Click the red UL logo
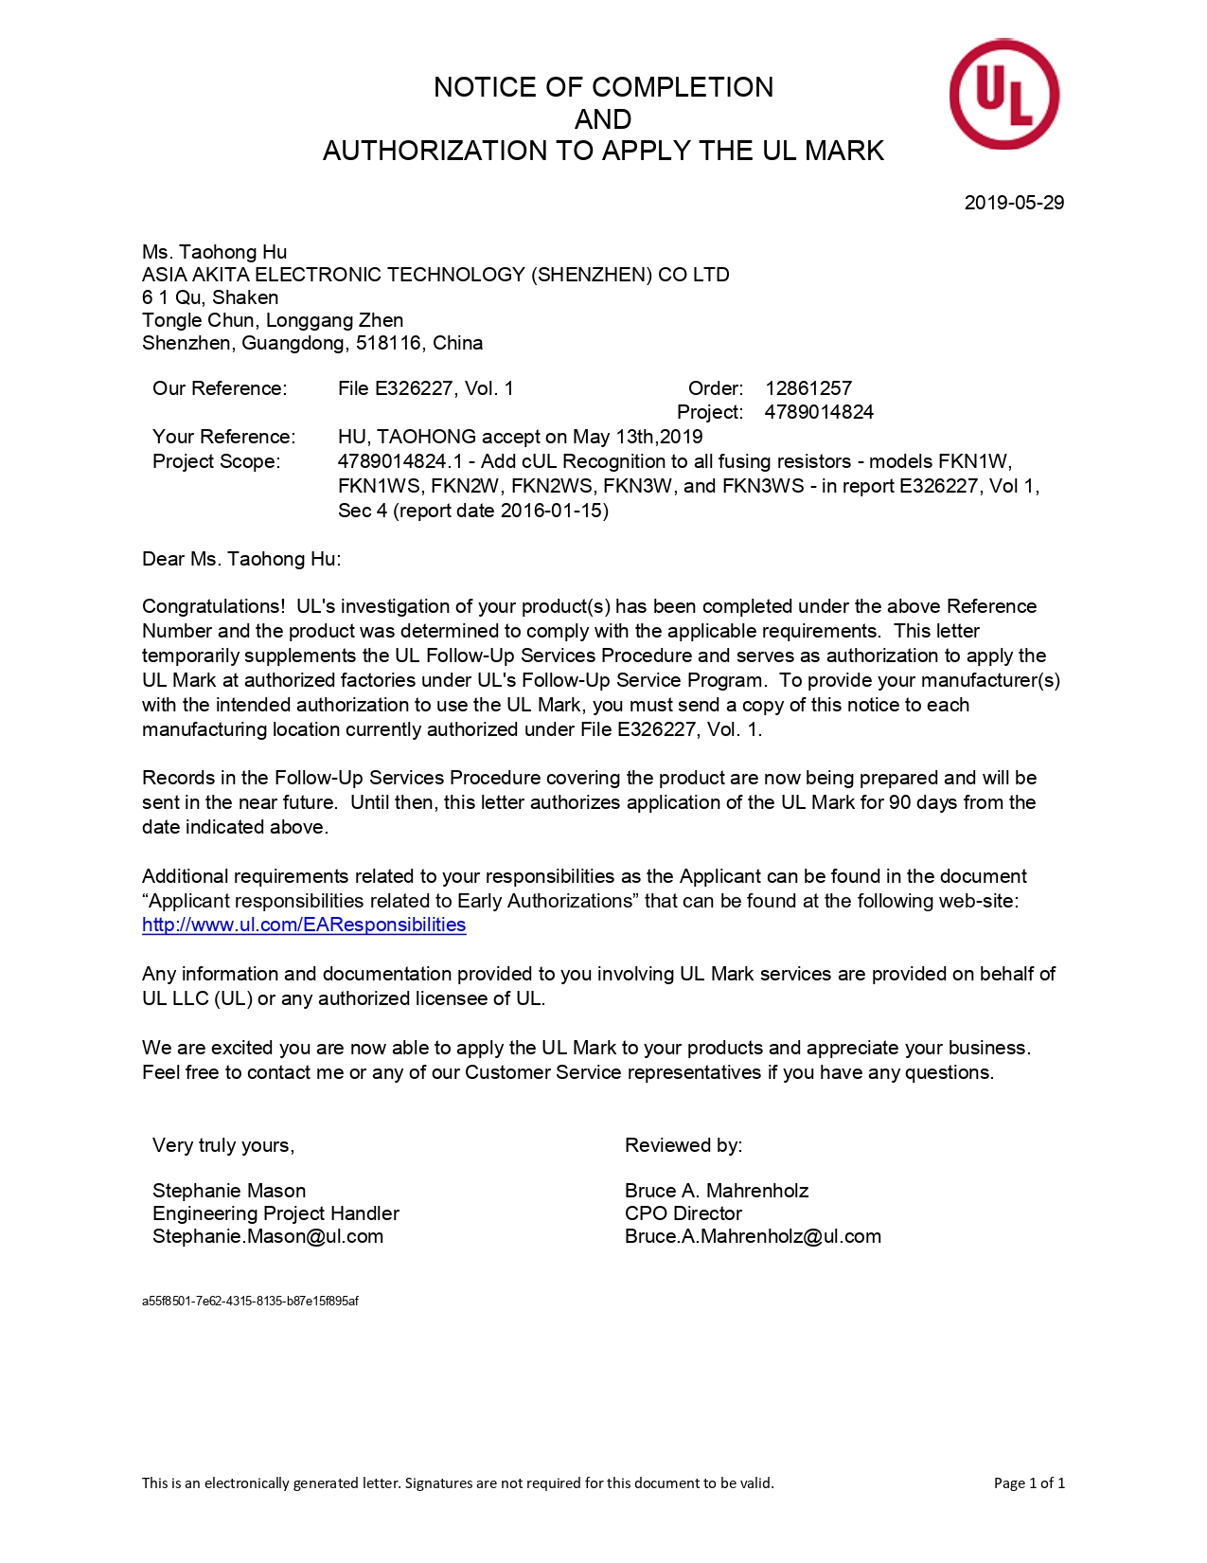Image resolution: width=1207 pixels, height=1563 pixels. (x=1003, y=94)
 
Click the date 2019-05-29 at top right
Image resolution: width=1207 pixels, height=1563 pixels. (x=1014, y=203)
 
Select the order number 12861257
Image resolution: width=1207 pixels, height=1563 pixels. (x=808, y=388)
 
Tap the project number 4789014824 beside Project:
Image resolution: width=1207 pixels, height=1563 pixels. (x=819, y=412)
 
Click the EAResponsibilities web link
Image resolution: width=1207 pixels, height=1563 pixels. (x=304, y=925)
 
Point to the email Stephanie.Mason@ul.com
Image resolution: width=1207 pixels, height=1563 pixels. (x=268, y=1236)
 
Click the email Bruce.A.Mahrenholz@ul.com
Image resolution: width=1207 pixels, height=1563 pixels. (x=753, y=1236)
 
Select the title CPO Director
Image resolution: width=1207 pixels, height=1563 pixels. (x=683, y=1213)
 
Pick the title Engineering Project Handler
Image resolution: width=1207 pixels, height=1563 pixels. (x=275, y=1213)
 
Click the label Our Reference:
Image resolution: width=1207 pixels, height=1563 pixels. (x=220, y=388)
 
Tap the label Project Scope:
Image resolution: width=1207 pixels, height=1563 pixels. (x=217, y=461)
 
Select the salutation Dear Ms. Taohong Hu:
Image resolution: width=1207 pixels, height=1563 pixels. (x=241, y=559)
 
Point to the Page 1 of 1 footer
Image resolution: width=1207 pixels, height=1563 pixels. (x=1029, y=1482)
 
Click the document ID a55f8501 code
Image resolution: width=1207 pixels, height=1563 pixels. (x=250, y=1301)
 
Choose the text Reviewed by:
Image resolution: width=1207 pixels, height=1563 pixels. (x=683, y=1145)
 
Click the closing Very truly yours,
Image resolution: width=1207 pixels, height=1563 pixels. (x=223, y=1145)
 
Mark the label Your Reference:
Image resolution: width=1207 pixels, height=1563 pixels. (x=224, y=437)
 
